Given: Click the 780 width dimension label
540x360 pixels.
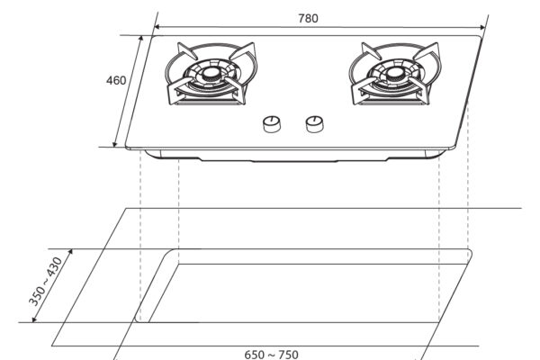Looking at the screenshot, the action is (308, 18).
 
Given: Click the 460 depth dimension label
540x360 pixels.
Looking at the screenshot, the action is (116, 81).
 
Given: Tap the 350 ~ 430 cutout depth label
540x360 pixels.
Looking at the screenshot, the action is (45, 282).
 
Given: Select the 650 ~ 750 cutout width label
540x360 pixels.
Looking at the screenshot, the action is (272, 355).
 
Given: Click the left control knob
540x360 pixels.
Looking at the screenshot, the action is (272, 124).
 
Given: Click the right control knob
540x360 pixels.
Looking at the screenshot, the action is (314, 124).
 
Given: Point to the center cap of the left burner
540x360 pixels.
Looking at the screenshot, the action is (210, 73).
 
